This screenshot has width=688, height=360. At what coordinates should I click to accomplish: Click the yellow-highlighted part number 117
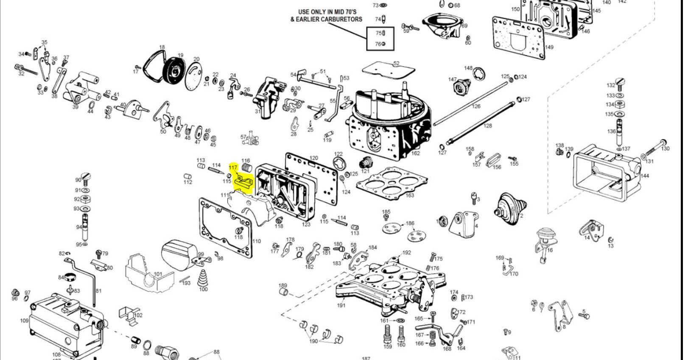(233, 168)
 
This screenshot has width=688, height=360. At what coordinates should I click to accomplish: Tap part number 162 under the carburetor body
(415, 153)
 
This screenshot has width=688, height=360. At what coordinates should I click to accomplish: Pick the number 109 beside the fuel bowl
(24, 321)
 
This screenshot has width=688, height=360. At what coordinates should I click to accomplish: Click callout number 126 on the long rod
(476, 106)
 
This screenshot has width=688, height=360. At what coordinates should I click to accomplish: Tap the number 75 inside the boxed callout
(379, 33)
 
